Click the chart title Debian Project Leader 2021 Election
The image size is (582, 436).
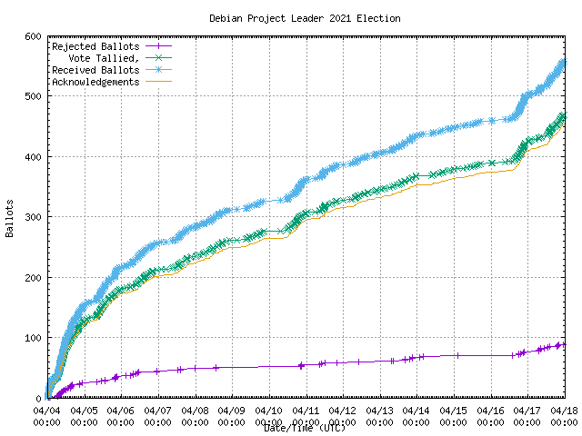[304, 18]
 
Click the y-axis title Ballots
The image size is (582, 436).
[9, 218]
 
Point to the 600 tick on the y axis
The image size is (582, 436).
[32, 36]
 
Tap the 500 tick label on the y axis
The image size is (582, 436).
[32, 96]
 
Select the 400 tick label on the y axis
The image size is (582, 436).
[32, 157]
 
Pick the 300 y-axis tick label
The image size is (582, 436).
[32, 217]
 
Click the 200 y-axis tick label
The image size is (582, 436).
[32, 278]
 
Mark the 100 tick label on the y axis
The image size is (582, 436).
[32, 338]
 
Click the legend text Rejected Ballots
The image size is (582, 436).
[95, 46]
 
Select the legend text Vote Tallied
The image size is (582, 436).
[106, 58]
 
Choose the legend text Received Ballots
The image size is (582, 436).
[95, 70]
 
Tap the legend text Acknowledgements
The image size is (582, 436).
[95, 82]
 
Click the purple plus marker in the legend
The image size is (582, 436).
[157, 46]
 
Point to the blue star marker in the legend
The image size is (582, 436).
[157, 70]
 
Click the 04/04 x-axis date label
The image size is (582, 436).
[46, 411]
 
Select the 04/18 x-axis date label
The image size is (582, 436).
[565, 411]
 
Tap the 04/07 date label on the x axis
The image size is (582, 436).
[157, 411]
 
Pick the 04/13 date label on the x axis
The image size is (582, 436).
[379, 411]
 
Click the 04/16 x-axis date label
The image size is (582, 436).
[490, 411]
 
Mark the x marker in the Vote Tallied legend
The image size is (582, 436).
[157, 58]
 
